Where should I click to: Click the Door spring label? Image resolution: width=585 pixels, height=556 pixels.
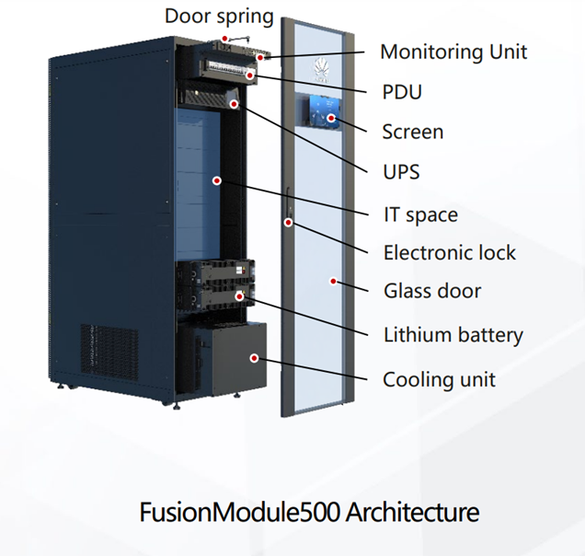tap(219, 16)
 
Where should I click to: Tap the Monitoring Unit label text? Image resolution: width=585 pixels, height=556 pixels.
tap(453, 51)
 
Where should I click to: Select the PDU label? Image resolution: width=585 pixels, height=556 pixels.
tap(404, 92)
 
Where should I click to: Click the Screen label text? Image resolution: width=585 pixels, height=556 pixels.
tap(413, 132)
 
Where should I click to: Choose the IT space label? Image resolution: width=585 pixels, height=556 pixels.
tap(420, 214)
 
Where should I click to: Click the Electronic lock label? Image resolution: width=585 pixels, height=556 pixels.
tap(450, 252)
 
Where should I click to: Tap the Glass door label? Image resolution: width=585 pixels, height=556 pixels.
tap(432, 291)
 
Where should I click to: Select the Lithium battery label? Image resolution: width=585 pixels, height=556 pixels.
tap(453, 334)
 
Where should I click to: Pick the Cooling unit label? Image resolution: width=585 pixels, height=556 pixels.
tap(439, 378)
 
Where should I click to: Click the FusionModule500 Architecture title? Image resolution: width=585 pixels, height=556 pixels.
tap(309, 512)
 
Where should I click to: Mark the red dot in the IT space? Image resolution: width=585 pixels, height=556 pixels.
tap(216, 181)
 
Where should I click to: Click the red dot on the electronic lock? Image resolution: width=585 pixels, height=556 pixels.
tap(288, 222)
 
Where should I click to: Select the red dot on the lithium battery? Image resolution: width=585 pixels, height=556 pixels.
tap(240, 296)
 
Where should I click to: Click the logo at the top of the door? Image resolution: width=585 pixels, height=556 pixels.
tap(323, 65)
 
